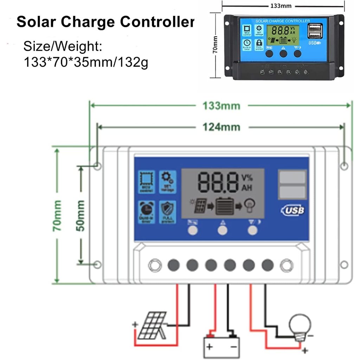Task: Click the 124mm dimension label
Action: [x=221, y=127]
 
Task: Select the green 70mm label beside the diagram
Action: [x=57, y=215]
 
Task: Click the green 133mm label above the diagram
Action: [x=221, y=105]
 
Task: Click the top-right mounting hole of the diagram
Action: [x=345, y=165]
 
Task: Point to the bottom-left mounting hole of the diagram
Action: [x=97, y=264]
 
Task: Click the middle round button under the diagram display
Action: [x=222, y=230]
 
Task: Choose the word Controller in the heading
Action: [x=157, y=22]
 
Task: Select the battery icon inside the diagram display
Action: [x=225, y=206]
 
